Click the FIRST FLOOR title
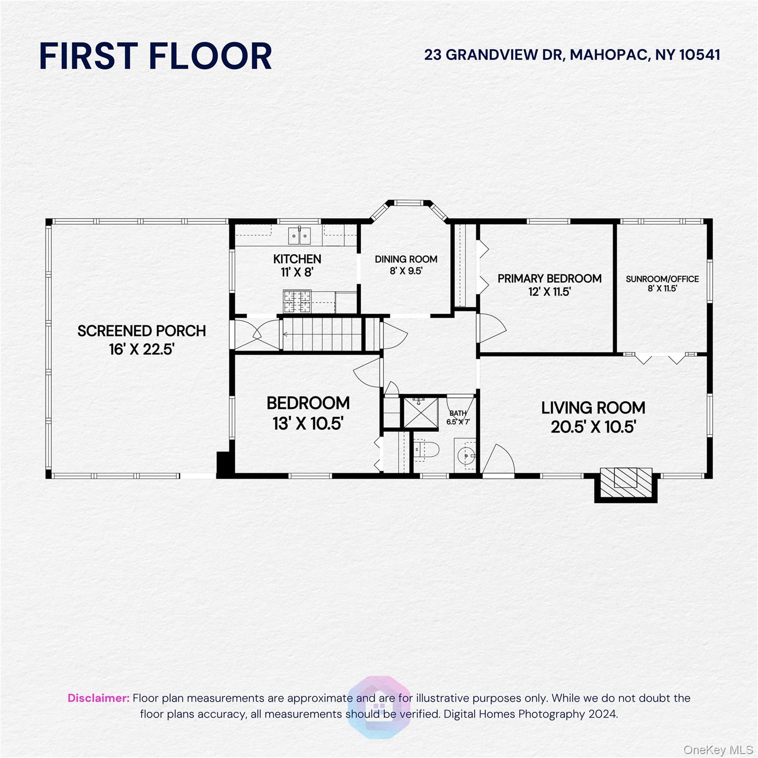(x=155, y=56)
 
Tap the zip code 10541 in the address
(x=700, y=55)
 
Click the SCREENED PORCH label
(x=142, y=331)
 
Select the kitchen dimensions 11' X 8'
(x=297, y=272)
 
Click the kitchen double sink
(x=300, y=235)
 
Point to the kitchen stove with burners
(x=297, y=302)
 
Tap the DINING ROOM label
(x=406, y=259)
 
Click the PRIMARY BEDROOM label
(x=549, y=279)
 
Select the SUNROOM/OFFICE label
(x=662, y=279)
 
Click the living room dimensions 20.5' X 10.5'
(x=593, y=427)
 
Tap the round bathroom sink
(x=465, y=456)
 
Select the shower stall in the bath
(x=420, y=413)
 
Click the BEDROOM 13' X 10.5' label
(x=308, y=413)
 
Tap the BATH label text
(x=457, y=414)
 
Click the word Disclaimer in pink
(x=98, y=698)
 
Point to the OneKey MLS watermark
(x=718, y=750)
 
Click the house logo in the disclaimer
(x=379, y=707)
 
